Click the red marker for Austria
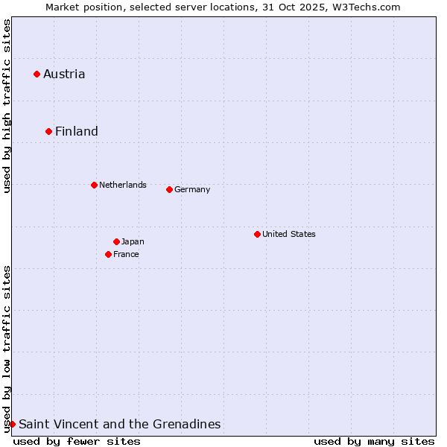37,74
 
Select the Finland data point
48,131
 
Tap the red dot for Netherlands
94,185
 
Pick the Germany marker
169,189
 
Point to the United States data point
257,234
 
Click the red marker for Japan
116,241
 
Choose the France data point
108,254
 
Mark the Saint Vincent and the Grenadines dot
12,424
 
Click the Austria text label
64,74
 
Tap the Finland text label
77,131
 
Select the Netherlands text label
123,185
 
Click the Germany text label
192,189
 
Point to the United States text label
289,234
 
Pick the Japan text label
133,241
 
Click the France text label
126,254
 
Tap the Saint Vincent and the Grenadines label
119,424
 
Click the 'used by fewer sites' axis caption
77,441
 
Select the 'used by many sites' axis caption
374,441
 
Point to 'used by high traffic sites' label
7,106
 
